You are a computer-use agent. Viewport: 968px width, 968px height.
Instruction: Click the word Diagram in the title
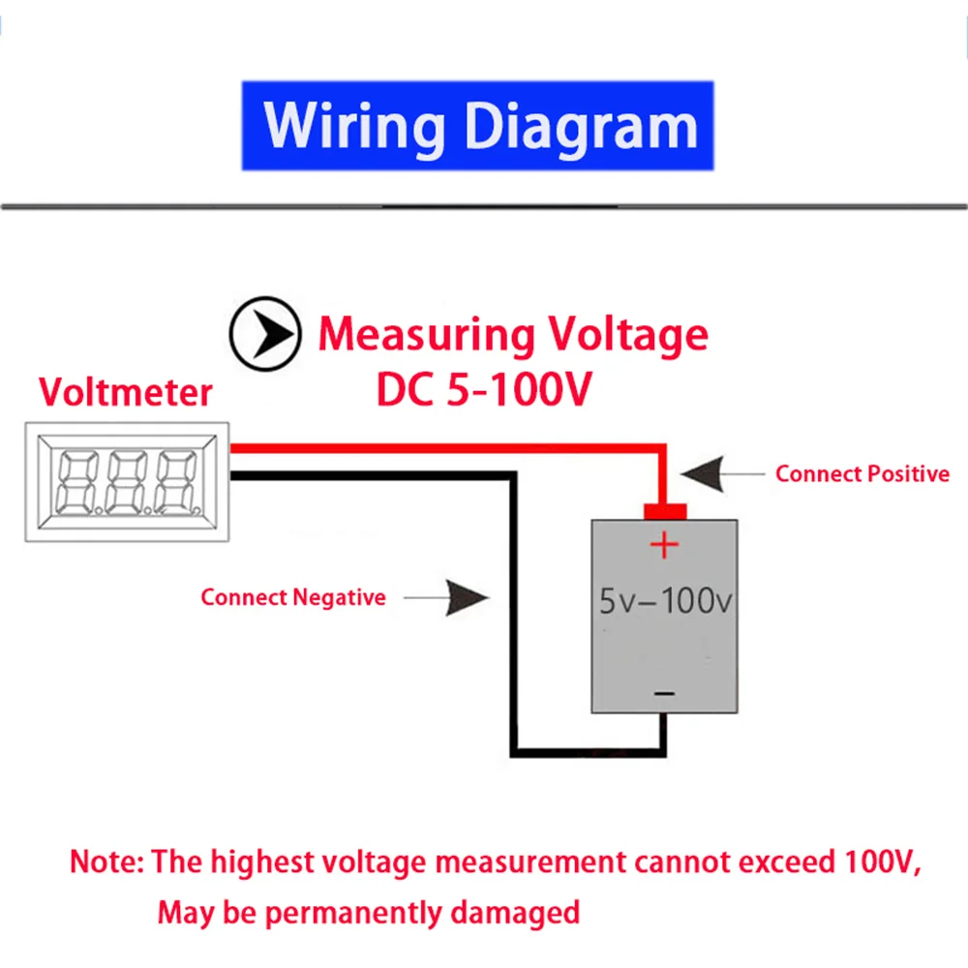click(580, 126)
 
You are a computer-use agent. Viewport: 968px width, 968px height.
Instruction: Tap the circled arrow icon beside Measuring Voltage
click(263, 332)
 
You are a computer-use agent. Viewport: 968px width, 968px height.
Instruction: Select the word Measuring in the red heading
click(426, 335)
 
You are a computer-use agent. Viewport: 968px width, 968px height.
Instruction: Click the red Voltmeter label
click(125, 392)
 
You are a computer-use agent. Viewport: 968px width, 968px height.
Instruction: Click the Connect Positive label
click(862, 474)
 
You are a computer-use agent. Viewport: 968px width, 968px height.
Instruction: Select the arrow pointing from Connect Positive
click(716, 473)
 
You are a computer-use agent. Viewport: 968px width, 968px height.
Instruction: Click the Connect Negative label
click(292, 597)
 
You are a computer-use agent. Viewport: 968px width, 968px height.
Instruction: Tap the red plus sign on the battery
click(664, 546)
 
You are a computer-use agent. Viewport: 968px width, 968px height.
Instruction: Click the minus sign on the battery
click(664, 693)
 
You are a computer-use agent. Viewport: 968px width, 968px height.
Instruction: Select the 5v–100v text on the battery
click(665, 602)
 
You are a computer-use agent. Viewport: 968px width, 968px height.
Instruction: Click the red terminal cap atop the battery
click(665, 510)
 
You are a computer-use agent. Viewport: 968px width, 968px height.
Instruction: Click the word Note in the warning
click(106, 862)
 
